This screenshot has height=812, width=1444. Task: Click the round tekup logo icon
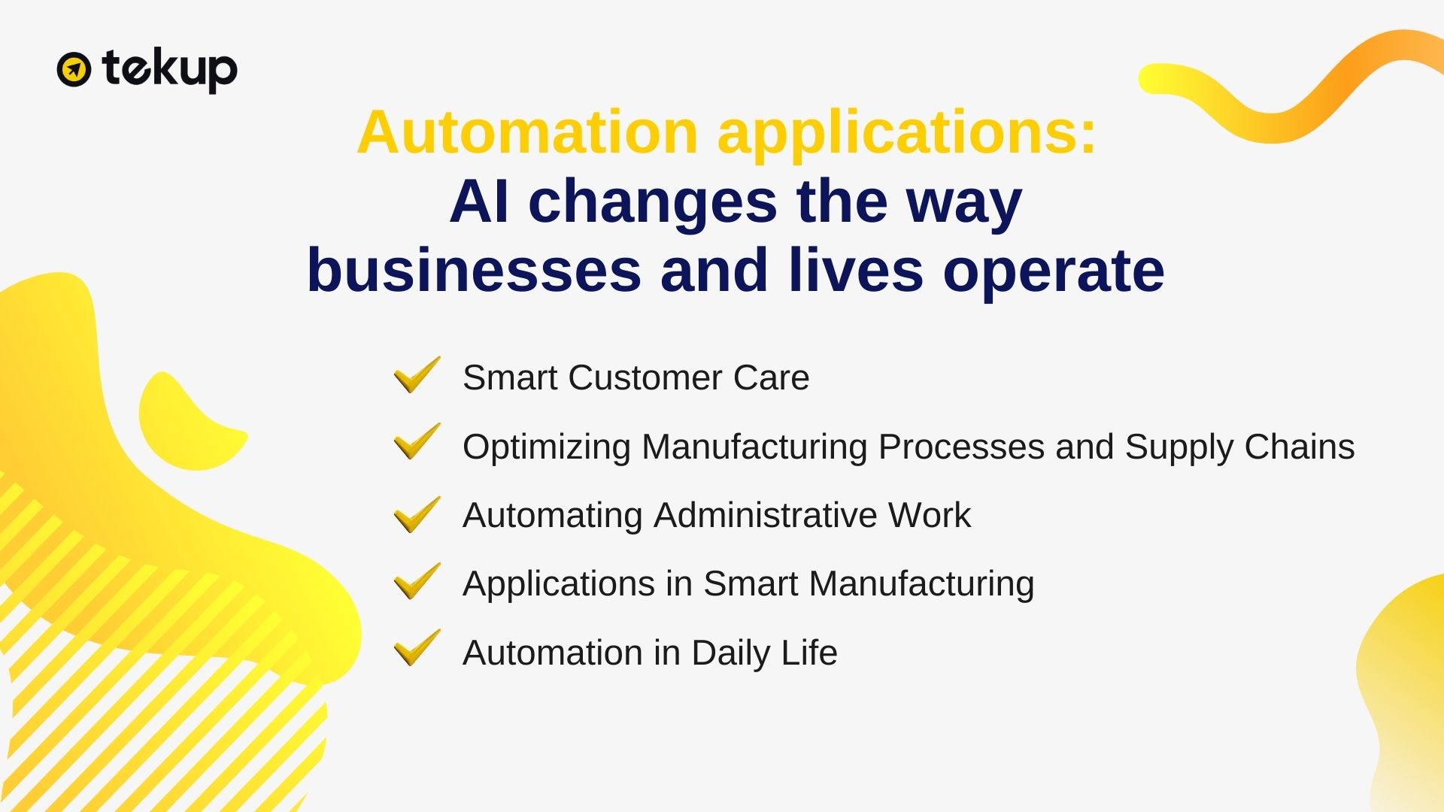[74, 70]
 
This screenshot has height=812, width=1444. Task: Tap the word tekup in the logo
[170, 71]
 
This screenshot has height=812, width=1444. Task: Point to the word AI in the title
[479, 201]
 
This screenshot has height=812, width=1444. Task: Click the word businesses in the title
[475, 271]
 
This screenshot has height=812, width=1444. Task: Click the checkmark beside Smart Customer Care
[417, 374]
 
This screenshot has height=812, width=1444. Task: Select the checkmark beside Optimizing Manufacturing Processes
[417, 441]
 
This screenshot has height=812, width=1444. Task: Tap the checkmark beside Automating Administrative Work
[417, 514]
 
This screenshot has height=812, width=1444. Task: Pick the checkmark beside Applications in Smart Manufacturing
[417, 581]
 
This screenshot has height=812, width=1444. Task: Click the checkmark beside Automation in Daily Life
[417, 647]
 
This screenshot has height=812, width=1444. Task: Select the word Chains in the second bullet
[1300, 447]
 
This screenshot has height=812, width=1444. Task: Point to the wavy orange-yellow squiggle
[1291, 87]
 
